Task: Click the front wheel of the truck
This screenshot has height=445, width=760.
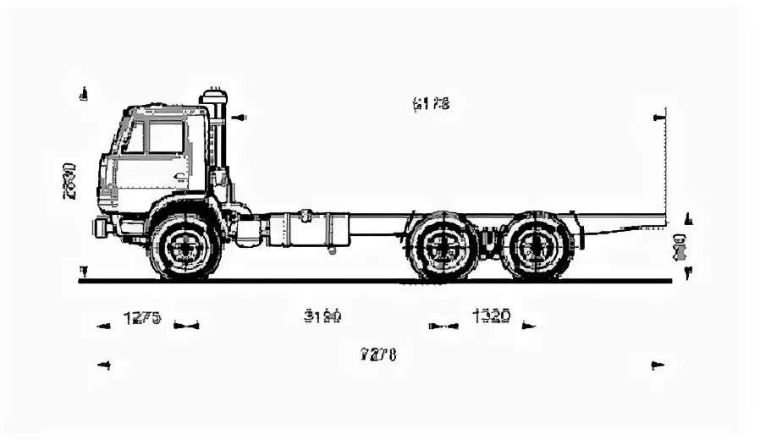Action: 184,246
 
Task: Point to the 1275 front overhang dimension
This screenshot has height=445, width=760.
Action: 142,318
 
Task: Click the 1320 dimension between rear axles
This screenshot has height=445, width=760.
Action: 491,316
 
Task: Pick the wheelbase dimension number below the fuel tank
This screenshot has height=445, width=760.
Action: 322,316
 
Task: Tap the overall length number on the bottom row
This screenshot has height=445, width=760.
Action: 378,354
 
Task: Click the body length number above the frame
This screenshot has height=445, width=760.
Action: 431,104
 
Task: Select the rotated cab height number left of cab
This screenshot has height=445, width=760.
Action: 69,179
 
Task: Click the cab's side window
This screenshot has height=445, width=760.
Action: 166,138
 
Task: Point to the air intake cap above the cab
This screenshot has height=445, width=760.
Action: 215,95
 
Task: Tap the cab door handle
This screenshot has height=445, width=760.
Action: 179,177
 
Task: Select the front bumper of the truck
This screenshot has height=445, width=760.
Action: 102,227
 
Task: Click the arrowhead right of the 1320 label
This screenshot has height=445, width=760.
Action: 529,325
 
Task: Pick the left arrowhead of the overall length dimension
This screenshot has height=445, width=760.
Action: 104,365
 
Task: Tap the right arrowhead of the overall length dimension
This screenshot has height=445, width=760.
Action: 657,365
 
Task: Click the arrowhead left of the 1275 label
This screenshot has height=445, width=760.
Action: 103,326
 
